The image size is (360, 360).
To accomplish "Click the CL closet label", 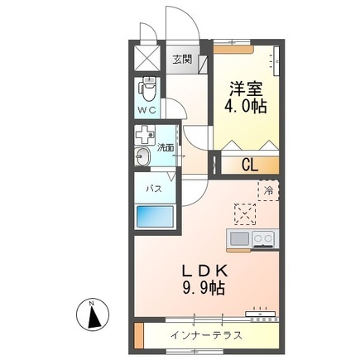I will point(249,164).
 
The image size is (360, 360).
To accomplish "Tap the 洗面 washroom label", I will point(166,147).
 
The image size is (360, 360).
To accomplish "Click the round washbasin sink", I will point(142,157).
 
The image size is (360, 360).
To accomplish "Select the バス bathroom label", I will point(154,190).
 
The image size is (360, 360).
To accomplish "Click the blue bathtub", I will point(156,218).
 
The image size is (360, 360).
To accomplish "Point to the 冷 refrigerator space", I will point(269,190).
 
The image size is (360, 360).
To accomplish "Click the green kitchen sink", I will point(238,239).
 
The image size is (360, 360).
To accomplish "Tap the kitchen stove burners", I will point(264,239).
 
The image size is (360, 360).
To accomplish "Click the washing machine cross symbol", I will point(146,135).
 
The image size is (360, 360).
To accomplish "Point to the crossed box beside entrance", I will point(147,58).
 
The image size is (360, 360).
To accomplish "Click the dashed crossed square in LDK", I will point(244,214).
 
